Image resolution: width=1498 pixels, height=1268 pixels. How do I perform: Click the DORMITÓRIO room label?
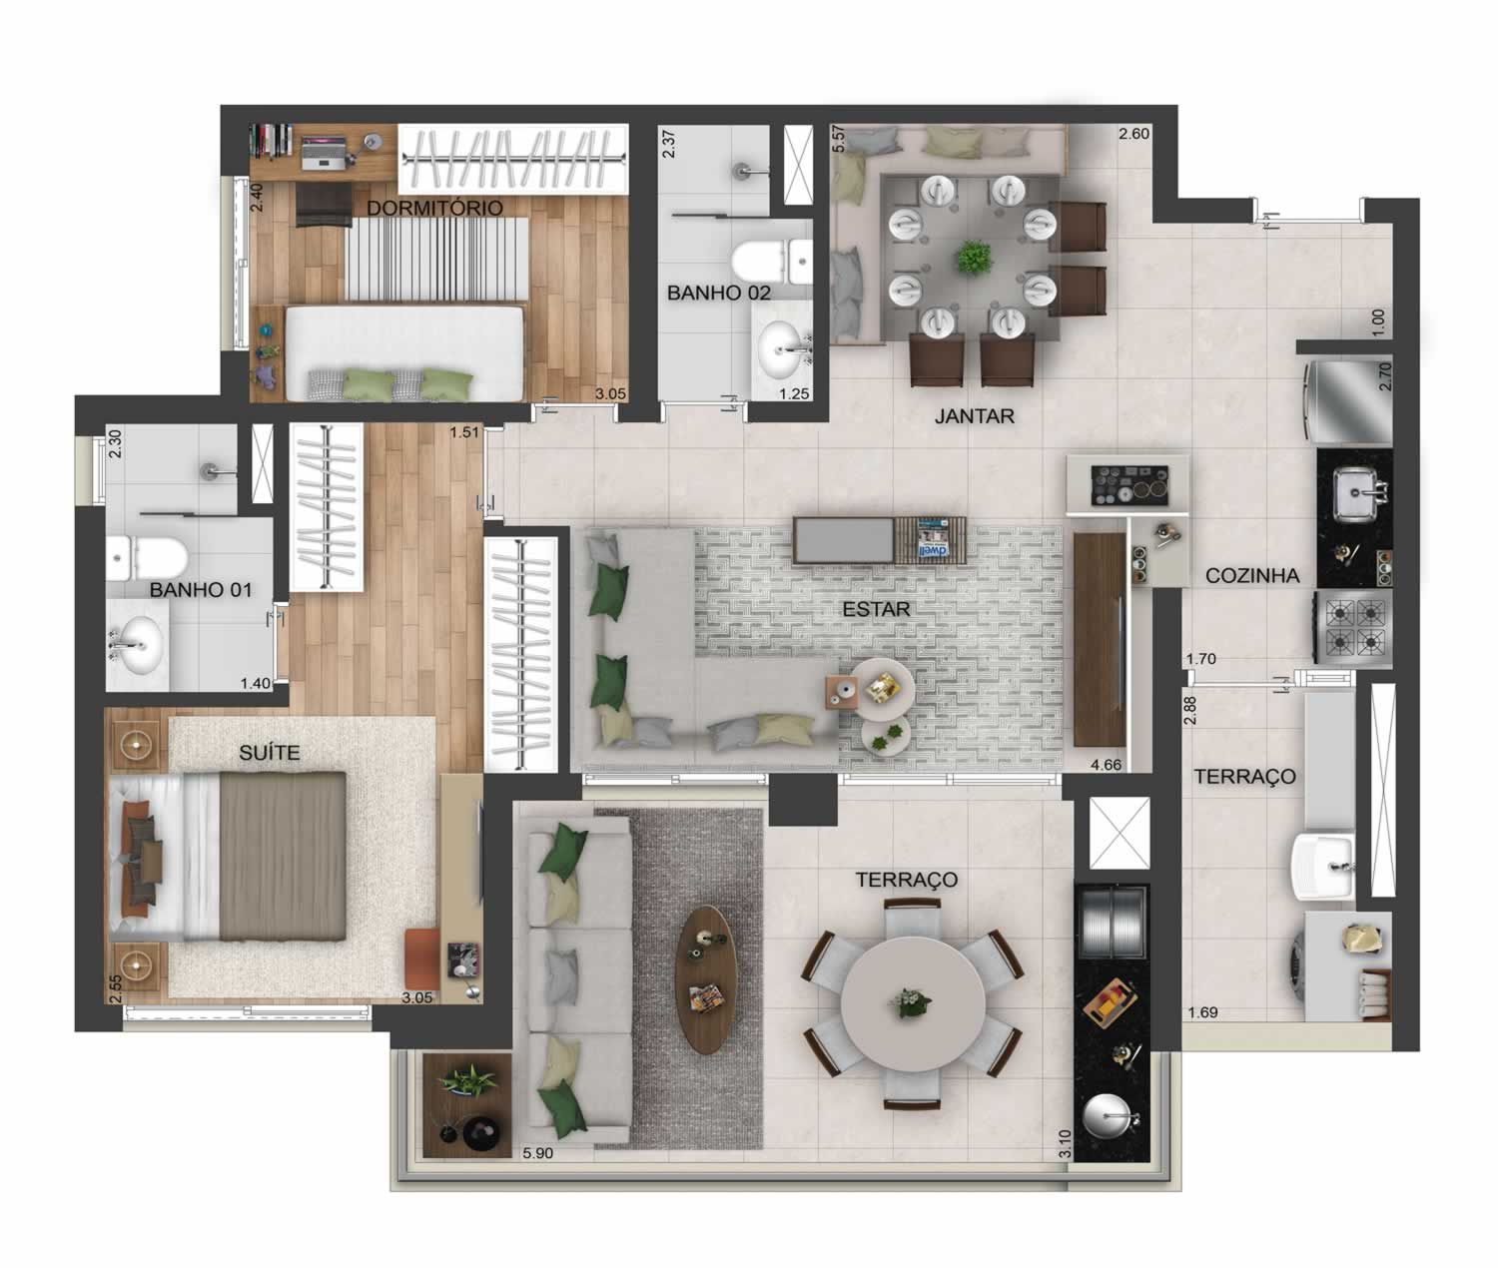point(434,208)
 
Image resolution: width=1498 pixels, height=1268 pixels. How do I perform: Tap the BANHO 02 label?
point(718,293)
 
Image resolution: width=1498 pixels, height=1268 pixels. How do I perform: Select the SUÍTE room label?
point(269,753)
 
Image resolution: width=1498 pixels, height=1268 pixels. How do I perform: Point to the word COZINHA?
point(1252,576)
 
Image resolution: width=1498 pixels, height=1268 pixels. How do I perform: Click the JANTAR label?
point(974,416)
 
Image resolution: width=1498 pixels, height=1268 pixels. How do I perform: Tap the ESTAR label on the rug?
point(876,609)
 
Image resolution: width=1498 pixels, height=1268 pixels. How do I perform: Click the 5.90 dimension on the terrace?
point(537,1153)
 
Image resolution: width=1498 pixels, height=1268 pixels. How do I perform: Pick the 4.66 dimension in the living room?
point(1106,765)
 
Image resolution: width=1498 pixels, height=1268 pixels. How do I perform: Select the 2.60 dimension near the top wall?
point(1133,134)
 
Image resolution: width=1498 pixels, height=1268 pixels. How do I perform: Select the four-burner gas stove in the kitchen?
point(1352,627)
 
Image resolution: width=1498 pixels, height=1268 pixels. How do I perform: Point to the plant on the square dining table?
point(972,258)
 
